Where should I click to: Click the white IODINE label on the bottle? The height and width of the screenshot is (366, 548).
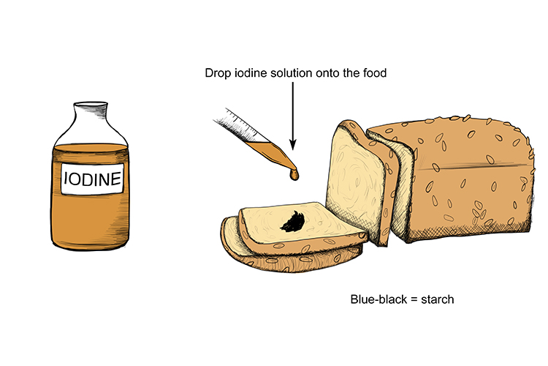tap(92, 179)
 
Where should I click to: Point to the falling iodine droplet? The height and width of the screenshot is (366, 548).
tap(294, 174)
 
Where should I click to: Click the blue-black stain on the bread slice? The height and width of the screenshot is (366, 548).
tap(293, 222)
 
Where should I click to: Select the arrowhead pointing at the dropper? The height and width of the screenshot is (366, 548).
tap(293, 144)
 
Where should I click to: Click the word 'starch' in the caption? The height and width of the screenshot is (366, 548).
tap(438, 299)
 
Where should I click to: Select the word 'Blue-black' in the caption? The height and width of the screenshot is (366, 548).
tap(378, 299)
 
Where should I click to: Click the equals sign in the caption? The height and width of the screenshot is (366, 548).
tap(414, 300)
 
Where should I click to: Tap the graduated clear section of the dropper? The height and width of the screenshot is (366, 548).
tap(237, 125)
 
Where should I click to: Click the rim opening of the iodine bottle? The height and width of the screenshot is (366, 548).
tap(91, 104)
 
